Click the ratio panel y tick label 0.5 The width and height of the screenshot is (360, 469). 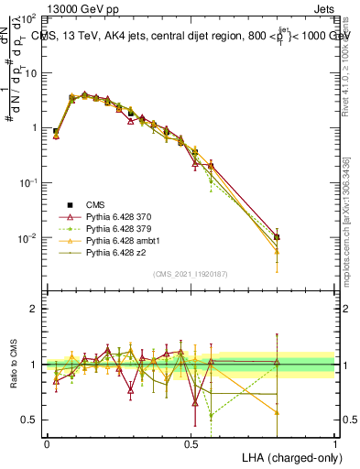point(31,420)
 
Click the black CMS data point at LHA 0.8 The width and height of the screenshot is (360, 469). point(278,236)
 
